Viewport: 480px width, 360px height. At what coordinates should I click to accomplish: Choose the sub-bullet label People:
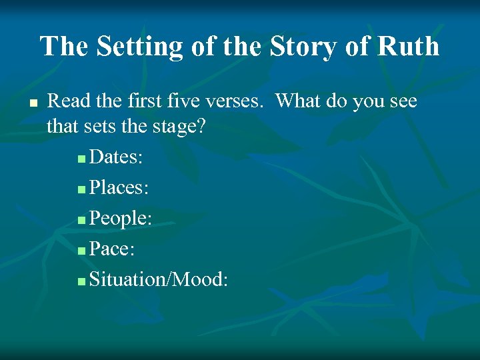pyautogui.click(x=121, y=218)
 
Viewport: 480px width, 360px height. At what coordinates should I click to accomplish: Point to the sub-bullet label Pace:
pyautogui.click(x=113, y=249)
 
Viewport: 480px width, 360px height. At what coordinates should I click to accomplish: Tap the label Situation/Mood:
pyautogui.click(x=159, y=279)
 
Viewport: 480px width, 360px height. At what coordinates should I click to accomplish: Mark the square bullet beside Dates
pyautogui.click(x=81, y=159)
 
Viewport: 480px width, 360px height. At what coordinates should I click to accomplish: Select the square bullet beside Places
pyautogui.click(x=81, y=189)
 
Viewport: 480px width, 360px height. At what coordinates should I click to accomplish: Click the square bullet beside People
pyautogui.click(x=81, y=220)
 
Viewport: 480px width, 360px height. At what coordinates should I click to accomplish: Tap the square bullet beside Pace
pyautogui.click(x=81, y=251)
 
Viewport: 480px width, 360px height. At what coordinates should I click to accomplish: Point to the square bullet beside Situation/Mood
pyautogui.click(x=81, y=281)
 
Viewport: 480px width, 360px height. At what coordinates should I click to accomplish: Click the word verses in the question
pyautogui.click(x=239, y=101)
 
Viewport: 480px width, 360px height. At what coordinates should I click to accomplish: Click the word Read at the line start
pyautogui.click(x=67, y=101)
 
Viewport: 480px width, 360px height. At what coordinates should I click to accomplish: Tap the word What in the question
pyautogui.click(x=301, y=101)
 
